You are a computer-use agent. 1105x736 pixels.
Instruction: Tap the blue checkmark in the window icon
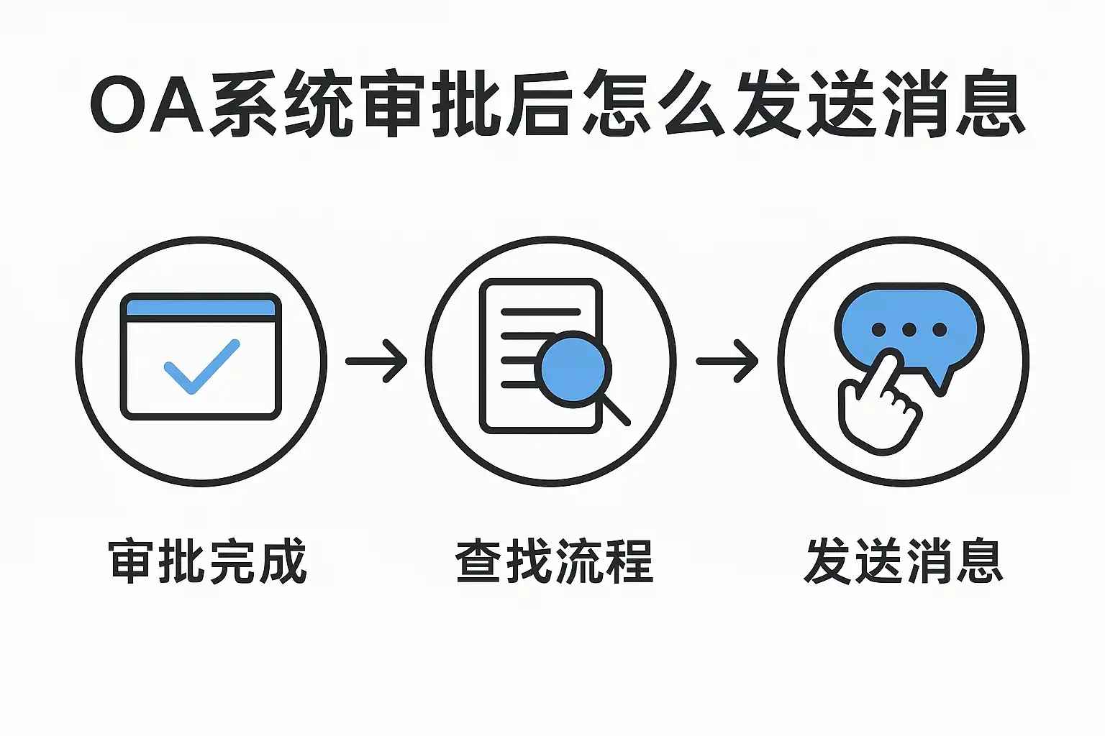pos(201,366)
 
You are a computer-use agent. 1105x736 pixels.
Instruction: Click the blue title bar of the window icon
pos(201,307)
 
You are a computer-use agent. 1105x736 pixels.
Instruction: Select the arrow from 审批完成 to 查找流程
pos(377,361)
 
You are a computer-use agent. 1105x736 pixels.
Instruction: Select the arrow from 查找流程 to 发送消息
pos(727,361)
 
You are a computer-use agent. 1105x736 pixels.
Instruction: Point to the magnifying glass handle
pos(615,410)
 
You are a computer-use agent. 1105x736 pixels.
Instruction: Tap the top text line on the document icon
pos(540,312)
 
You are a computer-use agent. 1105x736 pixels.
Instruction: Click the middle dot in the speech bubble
pos(909,330)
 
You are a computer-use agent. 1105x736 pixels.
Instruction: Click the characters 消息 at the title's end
pos(953,105)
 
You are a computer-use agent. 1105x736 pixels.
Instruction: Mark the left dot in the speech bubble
pos(878,330)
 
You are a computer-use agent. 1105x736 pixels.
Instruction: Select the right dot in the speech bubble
pos(940,330)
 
